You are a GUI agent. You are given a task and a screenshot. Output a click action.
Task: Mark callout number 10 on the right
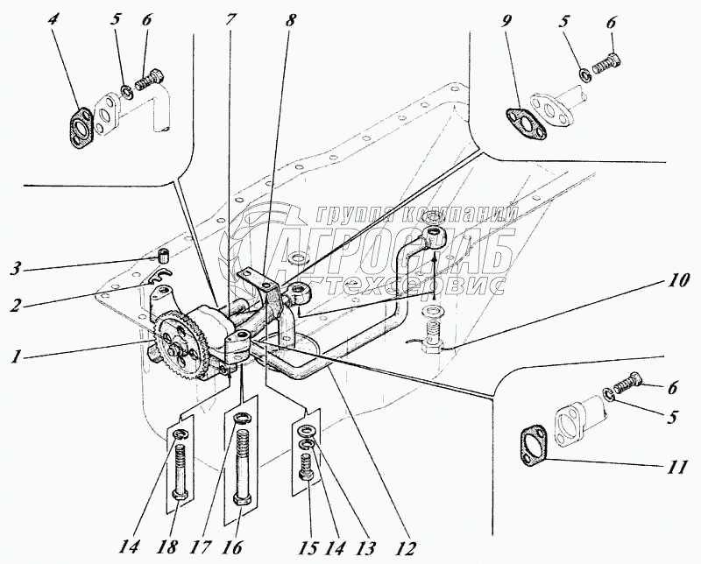677,282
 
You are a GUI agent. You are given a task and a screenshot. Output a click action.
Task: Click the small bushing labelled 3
162,256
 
